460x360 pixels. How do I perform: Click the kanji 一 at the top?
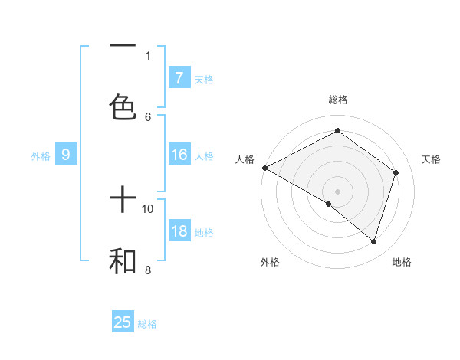tap(123, 47)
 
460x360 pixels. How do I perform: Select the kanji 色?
tap(123, 106)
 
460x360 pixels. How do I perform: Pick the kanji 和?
tap(123, 261)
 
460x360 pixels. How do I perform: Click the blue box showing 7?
tap(179, 78)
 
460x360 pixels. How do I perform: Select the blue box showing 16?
tap(179, 155)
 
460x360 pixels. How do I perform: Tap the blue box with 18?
tap(179, 232)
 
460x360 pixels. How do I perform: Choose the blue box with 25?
tap(123, 322)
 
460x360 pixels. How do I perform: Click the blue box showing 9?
tap(66, 155)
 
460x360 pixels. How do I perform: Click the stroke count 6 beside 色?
tap(148, 116)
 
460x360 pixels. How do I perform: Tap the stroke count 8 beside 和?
tap(148, 270)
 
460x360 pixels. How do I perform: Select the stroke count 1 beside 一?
tap(148, 55)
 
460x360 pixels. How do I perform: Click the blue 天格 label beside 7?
tap(204, 79)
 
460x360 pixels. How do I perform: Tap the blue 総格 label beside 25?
tap(147, 324)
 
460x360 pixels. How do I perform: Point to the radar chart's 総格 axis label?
tap(338, 100)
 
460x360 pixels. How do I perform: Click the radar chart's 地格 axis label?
tap(402, 263)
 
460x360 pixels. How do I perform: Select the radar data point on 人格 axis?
tap(264, 168)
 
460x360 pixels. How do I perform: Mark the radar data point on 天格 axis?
tap(396, 172)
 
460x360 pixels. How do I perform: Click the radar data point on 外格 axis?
tap(329, 204)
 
